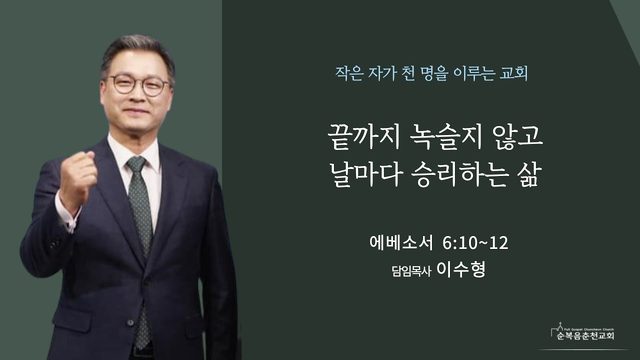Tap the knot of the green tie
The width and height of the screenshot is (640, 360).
point(136,164)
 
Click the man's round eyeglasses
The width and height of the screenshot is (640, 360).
point(138,84)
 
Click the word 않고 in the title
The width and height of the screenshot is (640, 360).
point(518,137)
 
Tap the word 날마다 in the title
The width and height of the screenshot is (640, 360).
point(364,175)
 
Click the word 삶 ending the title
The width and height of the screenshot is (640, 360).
point(530,175)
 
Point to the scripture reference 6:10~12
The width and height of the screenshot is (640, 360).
point(476,243)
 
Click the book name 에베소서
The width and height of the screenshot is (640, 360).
point(401,243)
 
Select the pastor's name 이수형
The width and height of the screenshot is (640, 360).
point(461,269)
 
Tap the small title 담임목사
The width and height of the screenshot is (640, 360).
point(411,271)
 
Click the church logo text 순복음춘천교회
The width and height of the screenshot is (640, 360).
point(586,336)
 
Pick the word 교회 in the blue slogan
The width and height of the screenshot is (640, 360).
point(514,73)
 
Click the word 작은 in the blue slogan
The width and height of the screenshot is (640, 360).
point(349,73)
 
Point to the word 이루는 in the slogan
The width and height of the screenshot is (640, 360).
point(473,73)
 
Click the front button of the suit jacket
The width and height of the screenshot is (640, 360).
point(130,323)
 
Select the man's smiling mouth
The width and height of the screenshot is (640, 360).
point(136,111)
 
